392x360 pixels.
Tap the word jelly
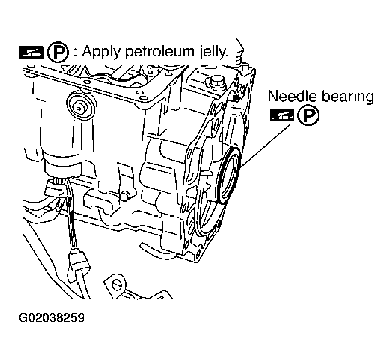(210, 52)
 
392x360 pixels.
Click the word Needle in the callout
(291, 96)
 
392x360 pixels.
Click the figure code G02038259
(51, 318)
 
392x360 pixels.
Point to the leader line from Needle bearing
(266, 144)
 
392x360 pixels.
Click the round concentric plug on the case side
(80, 105)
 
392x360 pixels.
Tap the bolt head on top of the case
(217, 81)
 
